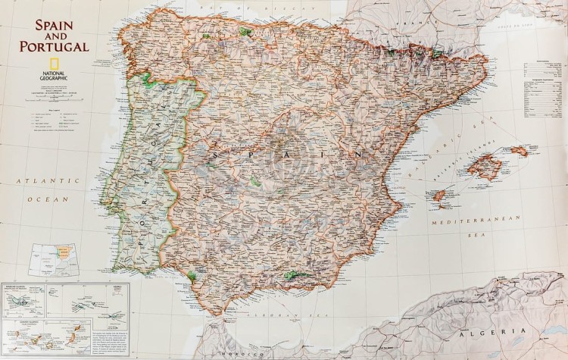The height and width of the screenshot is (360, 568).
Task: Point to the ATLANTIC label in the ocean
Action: point(49,182)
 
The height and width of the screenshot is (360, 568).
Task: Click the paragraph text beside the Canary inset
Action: point(110,339)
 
